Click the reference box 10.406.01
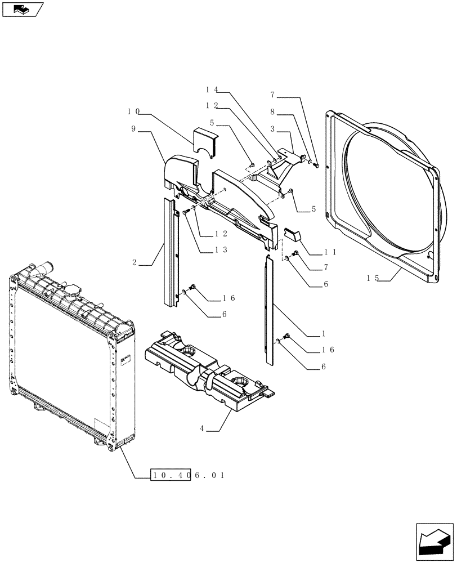point(188,476)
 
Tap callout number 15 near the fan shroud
point(372,278)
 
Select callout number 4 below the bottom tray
point(201,429)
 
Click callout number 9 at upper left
point(133,129)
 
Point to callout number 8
point(272,112)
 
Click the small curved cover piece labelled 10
point(205,141)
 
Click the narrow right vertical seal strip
point(268,307)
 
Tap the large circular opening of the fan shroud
point(388,191)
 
